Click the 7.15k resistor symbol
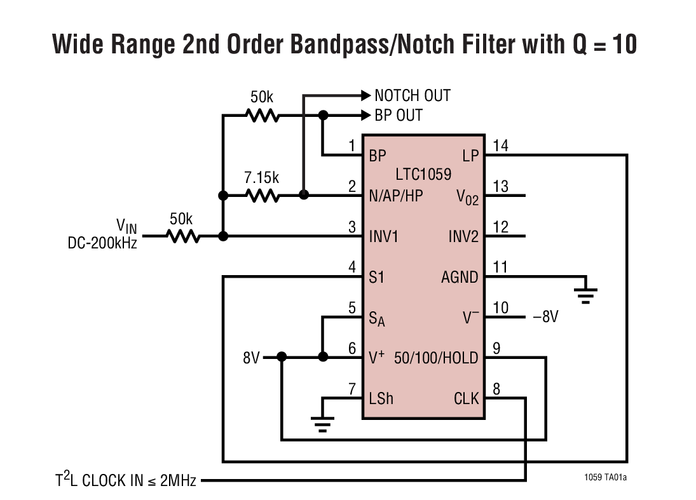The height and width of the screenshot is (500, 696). coord(263,196)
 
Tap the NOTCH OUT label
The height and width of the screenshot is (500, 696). coord(412,96)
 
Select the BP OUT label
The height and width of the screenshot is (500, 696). coord(399,116)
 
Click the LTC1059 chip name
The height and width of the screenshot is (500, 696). coord(423,173)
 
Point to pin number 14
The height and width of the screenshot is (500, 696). coord(501,146)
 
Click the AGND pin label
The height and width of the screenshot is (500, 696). coord(460,277)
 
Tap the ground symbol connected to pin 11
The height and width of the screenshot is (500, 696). coord(585,294)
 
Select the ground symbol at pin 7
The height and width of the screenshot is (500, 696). coord(323,423)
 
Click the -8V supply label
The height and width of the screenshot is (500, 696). coord(545,316)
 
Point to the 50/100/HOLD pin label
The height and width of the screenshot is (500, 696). coord(435,358)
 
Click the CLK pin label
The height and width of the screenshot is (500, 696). coord(466,399)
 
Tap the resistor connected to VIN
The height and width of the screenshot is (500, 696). coord(184,236)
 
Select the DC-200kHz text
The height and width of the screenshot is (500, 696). coord(102,243)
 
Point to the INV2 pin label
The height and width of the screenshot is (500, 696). coord(463,236)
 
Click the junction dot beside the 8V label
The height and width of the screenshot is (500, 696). coord(282,358)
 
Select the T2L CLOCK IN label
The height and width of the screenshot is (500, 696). coord(125,481)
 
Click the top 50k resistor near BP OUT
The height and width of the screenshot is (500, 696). coord(263,116)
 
